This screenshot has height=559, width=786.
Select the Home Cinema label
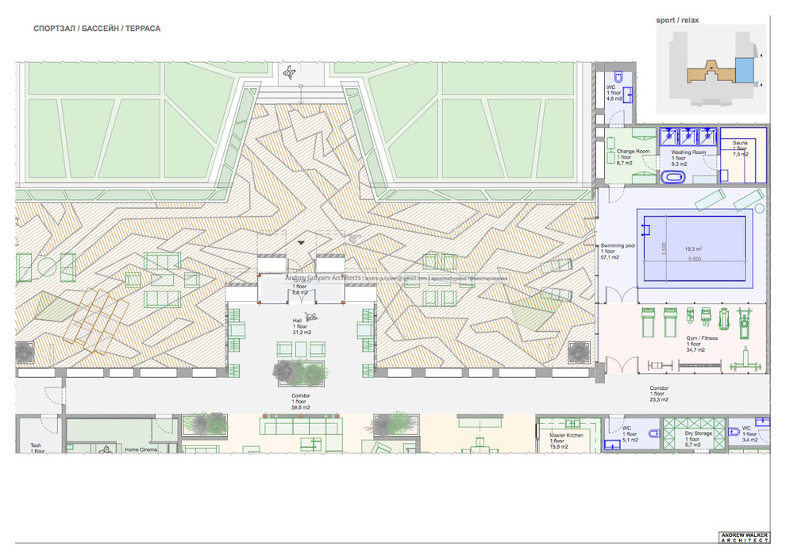coord(141,449)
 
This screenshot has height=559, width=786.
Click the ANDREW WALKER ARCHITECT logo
coord(743,538)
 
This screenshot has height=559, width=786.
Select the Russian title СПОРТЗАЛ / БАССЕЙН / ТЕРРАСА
coord(97,29)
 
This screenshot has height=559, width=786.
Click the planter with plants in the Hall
coord(300,371)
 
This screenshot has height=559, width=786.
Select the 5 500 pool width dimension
coord(695,260)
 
